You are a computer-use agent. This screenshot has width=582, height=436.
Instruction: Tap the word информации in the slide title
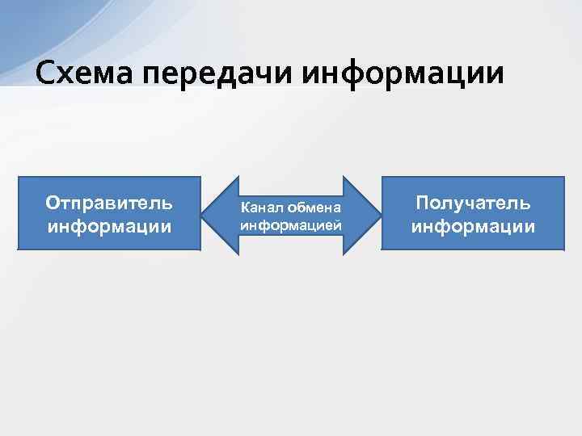point(404,73)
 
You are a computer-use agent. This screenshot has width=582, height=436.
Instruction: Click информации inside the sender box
point(109,225)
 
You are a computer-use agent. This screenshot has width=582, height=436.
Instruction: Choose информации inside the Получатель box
point(473,225)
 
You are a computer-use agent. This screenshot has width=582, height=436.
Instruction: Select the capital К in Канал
point(245,209)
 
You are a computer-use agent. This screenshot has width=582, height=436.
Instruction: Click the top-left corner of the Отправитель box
point(19,178)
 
